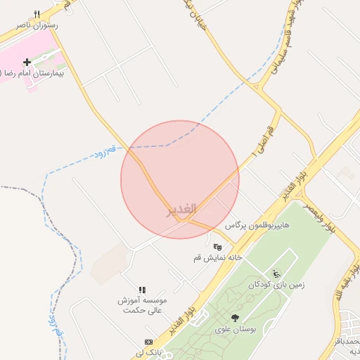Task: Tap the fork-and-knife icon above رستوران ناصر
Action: click(37, 14)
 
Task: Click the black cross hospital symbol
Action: click(27, 63)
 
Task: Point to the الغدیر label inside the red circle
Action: click(181, 210)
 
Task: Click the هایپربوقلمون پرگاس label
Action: click(258, 226)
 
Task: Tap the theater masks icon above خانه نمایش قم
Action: click(218, 247)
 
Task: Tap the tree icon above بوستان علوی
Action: click(235, 318)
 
